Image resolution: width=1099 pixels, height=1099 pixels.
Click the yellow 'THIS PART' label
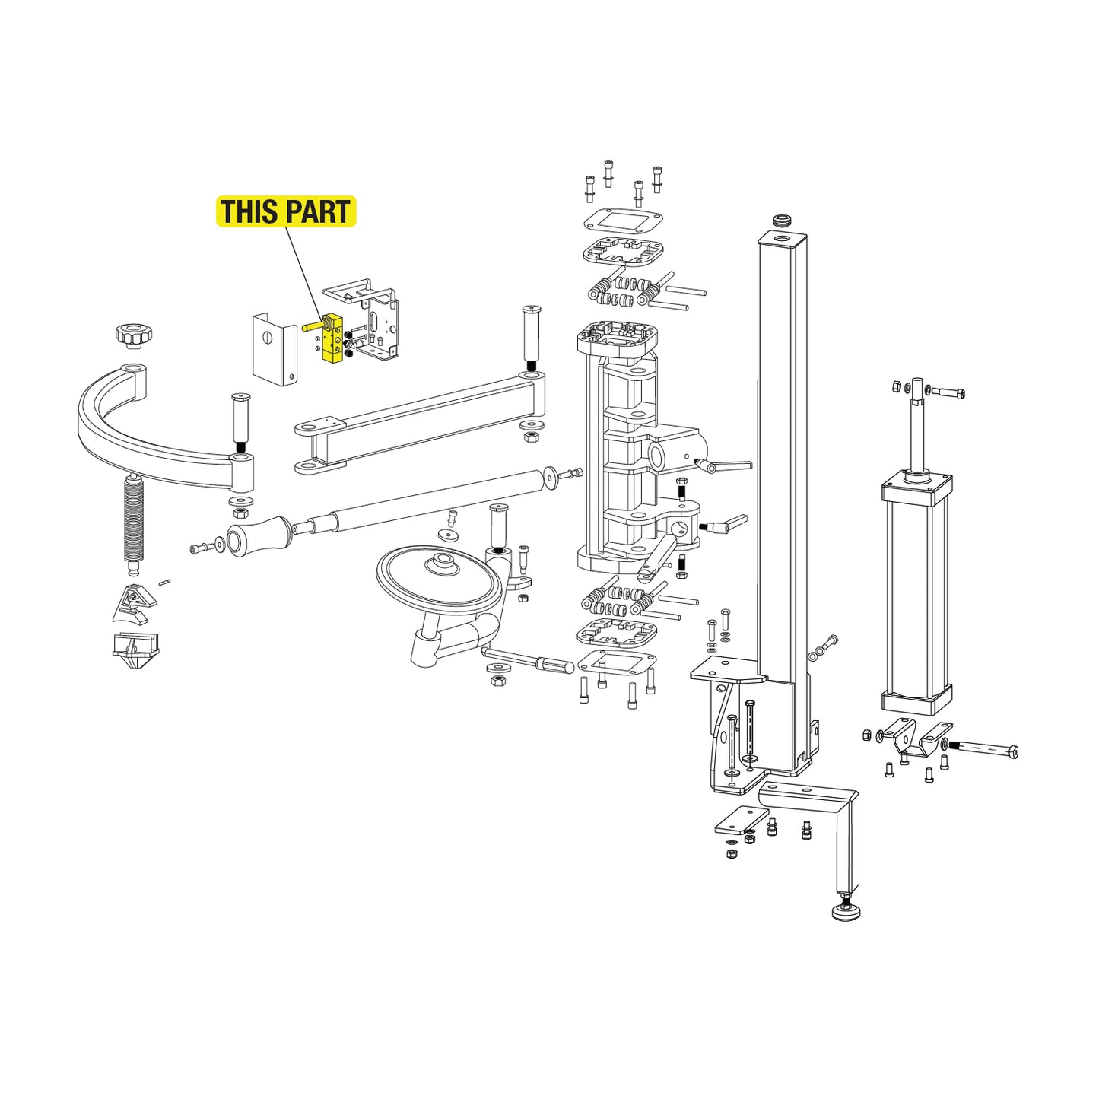(x=286, y=211)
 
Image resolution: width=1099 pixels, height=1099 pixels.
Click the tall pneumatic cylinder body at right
(x=916, y=593)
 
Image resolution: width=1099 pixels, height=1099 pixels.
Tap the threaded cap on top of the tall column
(x=782, y=221)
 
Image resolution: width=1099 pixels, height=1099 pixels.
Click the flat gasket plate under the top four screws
(x=623, y=222)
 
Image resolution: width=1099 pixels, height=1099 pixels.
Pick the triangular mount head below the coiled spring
(x=135, y=602)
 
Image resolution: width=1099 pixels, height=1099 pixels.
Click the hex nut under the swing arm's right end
(x=531, y=437)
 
